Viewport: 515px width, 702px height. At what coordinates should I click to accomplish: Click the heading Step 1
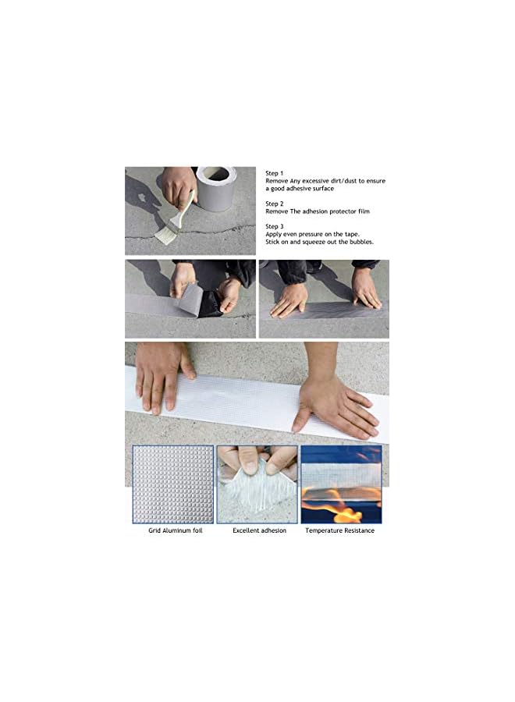tap(274, 173)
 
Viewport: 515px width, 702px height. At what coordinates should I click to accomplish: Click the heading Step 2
tap(274, 203)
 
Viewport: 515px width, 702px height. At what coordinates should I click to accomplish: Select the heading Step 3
tap(274, 226)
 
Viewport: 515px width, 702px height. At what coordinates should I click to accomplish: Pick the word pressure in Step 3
tap(315, 234)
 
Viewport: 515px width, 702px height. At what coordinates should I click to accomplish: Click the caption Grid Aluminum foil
tap(175, 530)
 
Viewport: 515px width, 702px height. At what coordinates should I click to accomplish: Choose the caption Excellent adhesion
tap(259, 530)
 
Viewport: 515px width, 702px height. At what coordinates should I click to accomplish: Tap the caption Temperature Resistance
tap(339, 530)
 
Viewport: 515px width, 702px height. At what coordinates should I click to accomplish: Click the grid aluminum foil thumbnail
tap(172, 484)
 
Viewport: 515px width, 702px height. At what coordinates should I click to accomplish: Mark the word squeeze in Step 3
tap(317, 242)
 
